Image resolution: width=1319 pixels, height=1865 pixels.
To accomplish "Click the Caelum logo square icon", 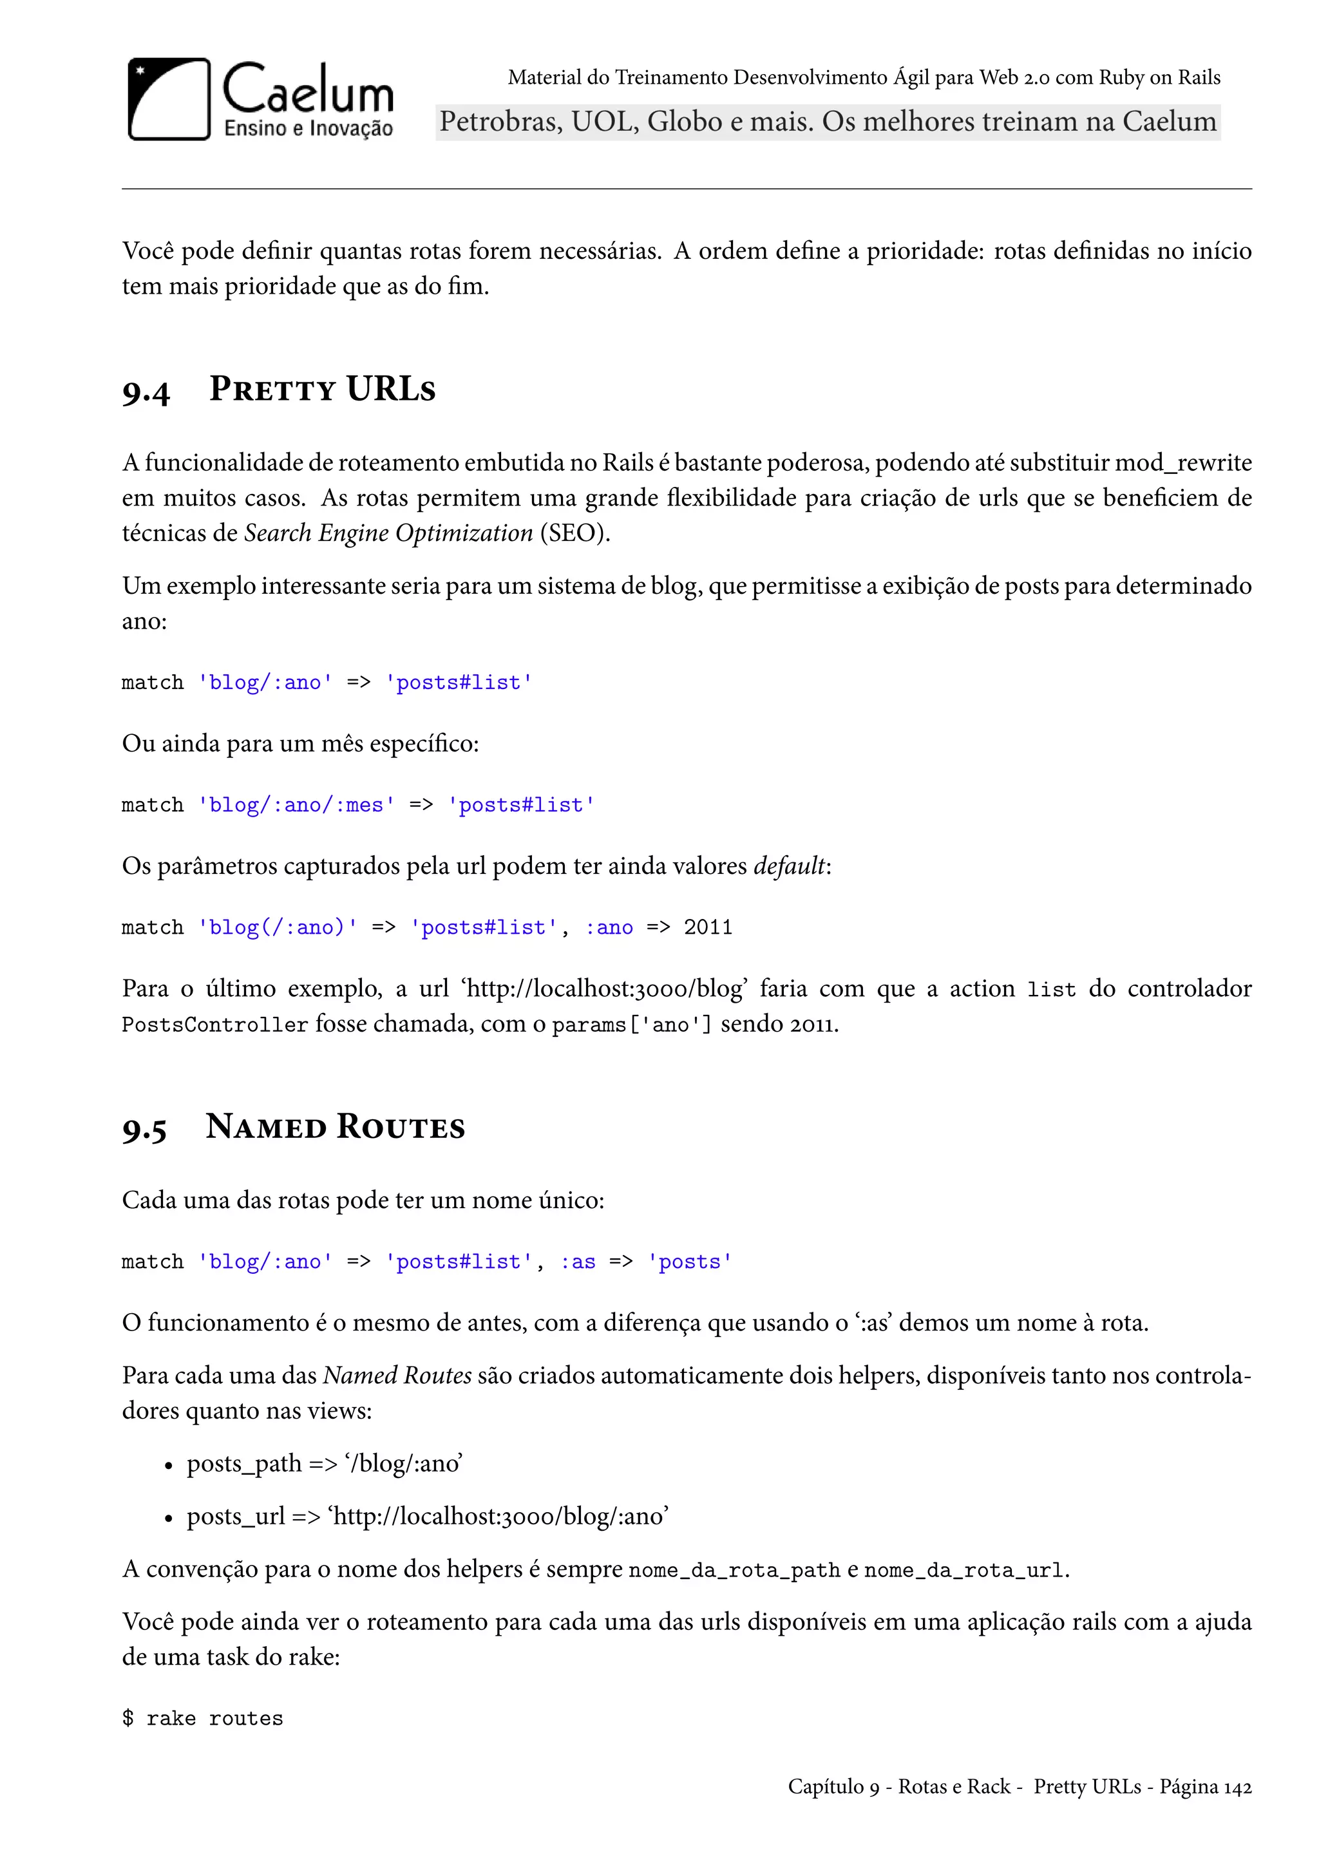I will point(169,99).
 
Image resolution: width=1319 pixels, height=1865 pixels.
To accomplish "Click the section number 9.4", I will point(146,392).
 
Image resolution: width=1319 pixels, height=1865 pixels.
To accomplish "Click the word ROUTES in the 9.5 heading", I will point(401,1128).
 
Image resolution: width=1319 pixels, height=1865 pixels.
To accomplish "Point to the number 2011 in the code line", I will point(707,927).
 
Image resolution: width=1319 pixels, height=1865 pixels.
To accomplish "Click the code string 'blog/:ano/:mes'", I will point(296,805).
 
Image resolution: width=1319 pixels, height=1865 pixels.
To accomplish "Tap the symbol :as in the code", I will point(578,1262).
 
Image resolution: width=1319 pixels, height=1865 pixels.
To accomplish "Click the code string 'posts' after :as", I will point(690,1262).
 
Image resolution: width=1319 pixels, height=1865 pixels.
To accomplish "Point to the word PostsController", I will point(214,1025).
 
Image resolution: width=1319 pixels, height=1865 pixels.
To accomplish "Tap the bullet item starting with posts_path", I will point(324,1463).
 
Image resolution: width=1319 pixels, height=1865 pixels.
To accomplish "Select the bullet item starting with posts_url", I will point(427,1516).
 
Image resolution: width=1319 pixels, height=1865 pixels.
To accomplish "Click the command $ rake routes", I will point(202,1718).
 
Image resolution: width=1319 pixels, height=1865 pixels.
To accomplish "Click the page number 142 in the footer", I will point(1237,1787).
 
